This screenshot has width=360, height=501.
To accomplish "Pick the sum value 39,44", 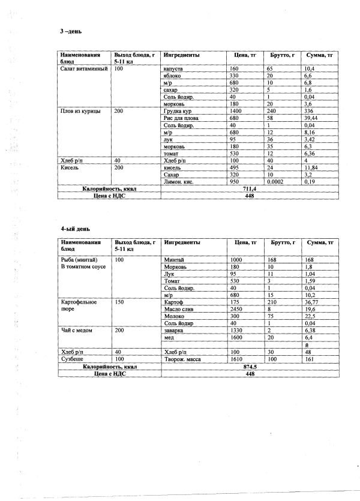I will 312,119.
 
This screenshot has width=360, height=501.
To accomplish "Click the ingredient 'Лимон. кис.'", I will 179,181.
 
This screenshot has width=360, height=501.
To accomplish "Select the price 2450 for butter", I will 238,310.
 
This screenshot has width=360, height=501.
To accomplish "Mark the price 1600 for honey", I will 238,338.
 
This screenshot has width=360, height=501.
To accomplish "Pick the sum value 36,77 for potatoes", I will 312,302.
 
